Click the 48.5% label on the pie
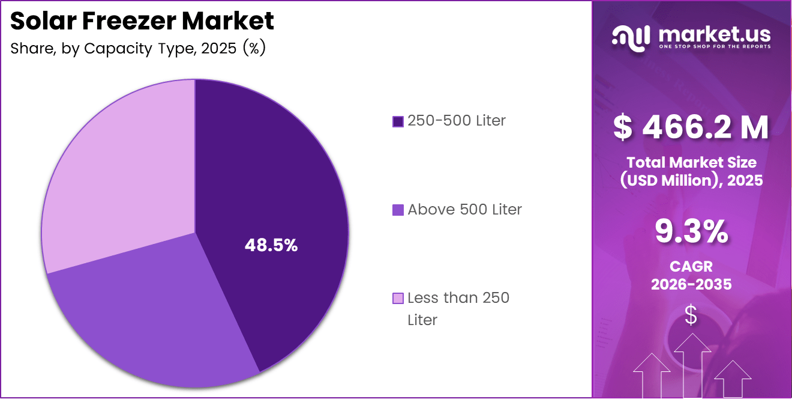click(271, 245)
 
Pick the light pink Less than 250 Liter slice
click(120, 174)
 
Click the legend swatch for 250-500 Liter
click(398, 121)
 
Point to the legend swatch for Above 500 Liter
click(398, 210)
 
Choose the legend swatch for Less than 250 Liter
click(398, 298)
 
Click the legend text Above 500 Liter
click(464, 210)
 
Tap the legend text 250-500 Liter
click(456, 121)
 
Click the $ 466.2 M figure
click(691, 127)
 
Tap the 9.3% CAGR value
click(691, 232)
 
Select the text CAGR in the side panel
click(691, 266)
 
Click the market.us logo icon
click(631, 37)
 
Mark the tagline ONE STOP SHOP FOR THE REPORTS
click(714, 46)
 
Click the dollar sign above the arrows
click(691, 315)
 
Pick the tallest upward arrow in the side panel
click(692, 364)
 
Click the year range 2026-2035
click(691, 284)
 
